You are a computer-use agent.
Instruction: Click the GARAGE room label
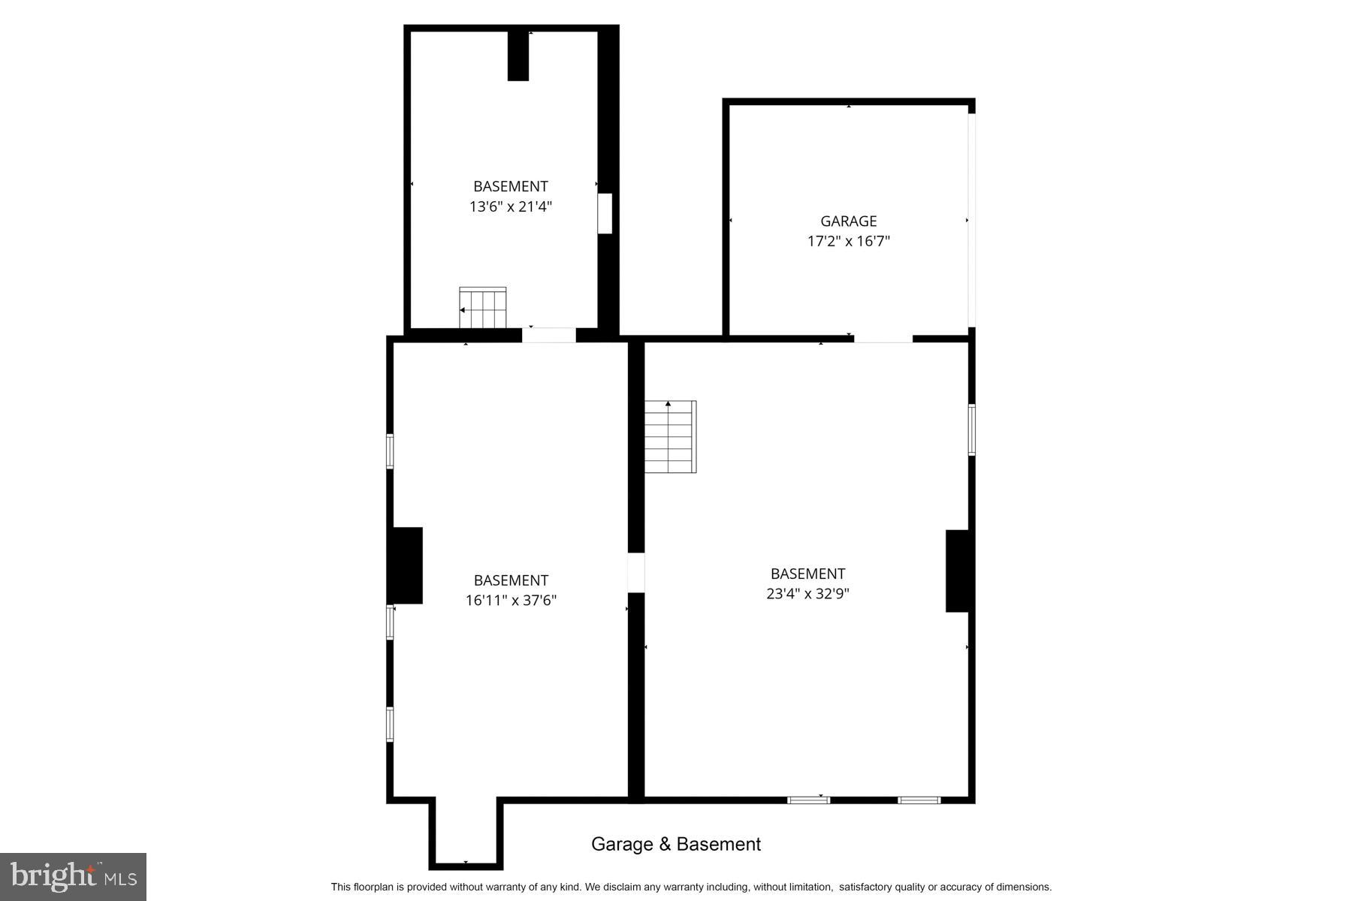[848, 221]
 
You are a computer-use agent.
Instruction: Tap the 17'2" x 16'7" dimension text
[848, 241]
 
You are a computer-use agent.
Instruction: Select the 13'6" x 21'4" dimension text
[511, 206]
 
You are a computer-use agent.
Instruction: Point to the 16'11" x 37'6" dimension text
[511, 601]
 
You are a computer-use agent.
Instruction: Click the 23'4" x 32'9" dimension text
[807, 594]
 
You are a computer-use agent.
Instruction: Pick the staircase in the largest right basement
[670, 437]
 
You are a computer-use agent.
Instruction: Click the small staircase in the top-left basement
[483, 307]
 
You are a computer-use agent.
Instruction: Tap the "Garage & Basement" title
[676, 844]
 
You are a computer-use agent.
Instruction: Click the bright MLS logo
[73, 877]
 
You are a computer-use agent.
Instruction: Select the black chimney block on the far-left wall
[406, 565]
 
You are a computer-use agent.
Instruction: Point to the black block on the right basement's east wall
[958, 571]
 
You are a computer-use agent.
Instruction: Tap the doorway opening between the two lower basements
[636, 572]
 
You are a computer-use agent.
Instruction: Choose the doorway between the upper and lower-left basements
[549, 336]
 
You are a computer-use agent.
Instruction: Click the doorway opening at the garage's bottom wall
[883, 339]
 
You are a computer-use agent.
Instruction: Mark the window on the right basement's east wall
[971, 429]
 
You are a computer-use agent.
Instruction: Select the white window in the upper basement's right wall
[605, 213]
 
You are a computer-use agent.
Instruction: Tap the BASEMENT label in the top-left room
[511, 186]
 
